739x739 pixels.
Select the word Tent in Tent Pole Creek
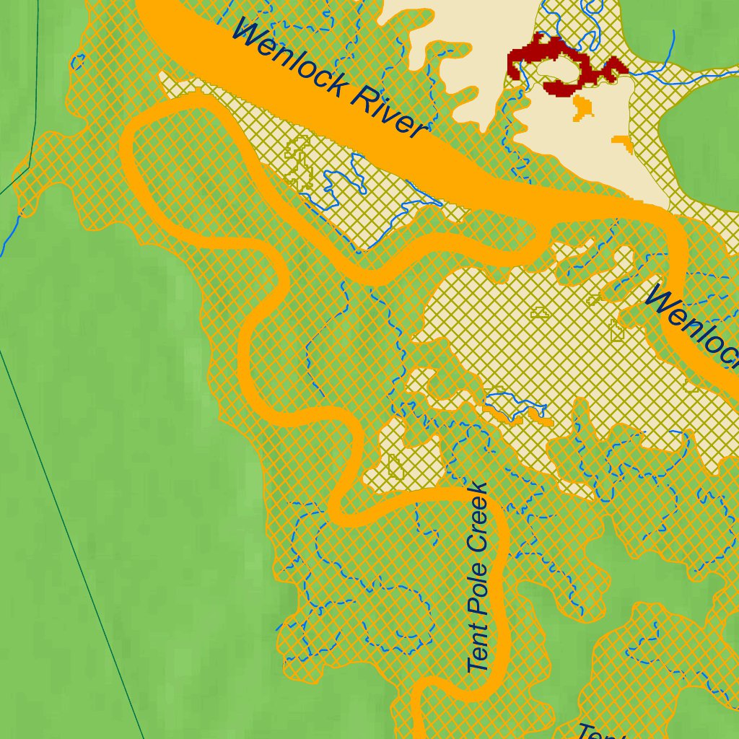tap(478, 645)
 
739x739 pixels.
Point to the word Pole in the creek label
tap(478, 586)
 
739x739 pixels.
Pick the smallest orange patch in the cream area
tap(622, 141)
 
